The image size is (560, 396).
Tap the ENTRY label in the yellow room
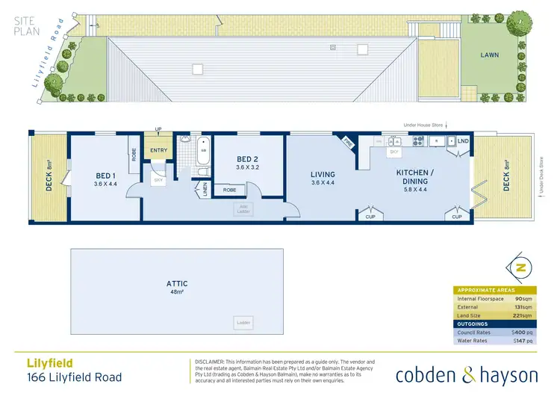[x=158, y=150]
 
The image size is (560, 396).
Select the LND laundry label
[x=463, y=140]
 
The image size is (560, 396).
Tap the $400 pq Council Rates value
[x=523, y=332]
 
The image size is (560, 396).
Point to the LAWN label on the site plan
[x=489, y=55]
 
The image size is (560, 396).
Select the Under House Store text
[x=423, y=125]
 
